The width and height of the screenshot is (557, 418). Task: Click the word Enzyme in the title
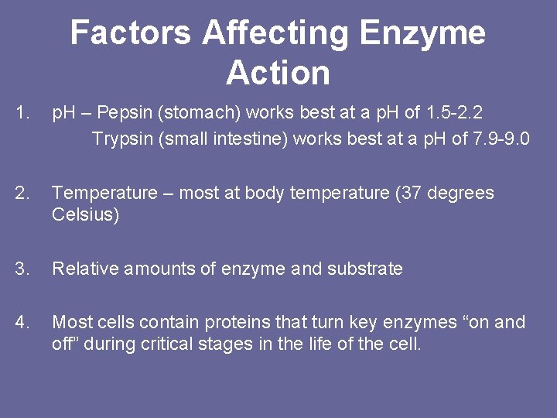click(422, 33)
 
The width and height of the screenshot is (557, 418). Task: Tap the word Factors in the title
click(130, 33)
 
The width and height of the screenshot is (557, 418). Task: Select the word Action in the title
click(278, 73)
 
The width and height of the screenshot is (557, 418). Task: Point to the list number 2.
click(22, 193)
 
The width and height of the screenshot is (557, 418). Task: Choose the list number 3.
click(22, 269)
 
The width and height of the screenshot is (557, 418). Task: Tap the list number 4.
click(22, 322)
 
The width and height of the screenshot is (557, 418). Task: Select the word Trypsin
click(118, 139)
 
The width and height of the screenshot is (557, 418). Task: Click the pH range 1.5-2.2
click(455, 113)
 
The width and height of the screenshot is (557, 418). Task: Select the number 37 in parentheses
click(408, 193)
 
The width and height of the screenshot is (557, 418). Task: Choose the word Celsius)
click(86, 215)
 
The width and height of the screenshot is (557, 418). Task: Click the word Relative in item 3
click(81, 269)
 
